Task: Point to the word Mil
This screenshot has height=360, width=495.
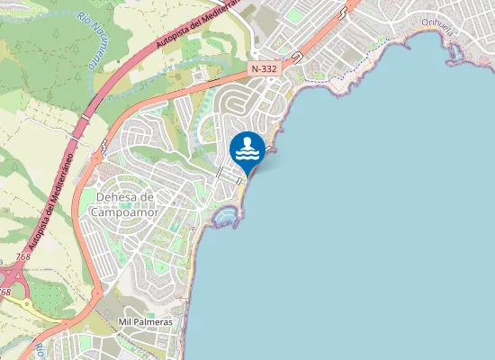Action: point(126,321)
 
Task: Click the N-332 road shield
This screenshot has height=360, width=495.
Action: point(264,67)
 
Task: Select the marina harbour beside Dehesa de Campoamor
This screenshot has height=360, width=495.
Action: point(227,216)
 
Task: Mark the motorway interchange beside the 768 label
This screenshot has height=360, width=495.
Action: point(13,274)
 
